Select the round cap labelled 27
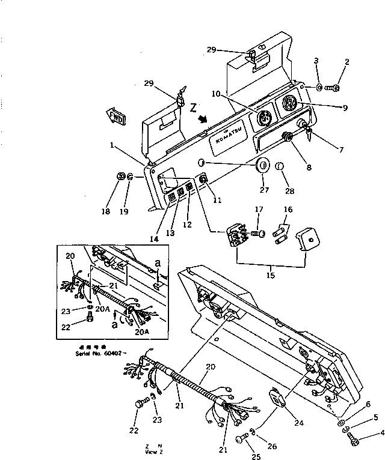pyautogui.click(x=263, y=166)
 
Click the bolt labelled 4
pyautogui.click(x=354, y=443)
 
